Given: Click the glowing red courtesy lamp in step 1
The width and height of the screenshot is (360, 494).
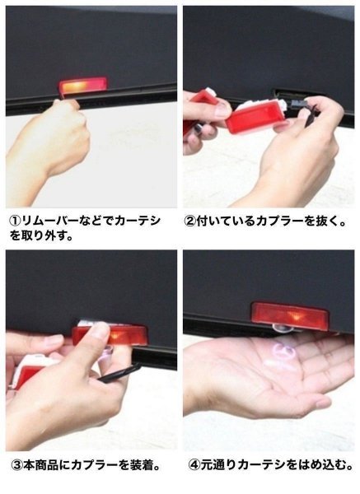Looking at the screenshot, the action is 82,85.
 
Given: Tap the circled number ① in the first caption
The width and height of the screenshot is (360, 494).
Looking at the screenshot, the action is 15,221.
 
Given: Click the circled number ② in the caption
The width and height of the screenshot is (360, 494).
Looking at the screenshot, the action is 190,221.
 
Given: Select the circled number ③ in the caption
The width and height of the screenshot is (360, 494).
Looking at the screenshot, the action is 16,465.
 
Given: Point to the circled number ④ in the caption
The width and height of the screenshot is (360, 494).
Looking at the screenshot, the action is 194,465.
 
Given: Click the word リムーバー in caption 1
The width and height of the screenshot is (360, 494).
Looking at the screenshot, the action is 49,221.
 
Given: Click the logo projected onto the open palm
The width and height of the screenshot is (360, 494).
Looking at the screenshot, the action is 278,355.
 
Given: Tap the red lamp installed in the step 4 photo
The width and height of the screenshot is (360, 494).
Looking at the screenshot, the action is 290,315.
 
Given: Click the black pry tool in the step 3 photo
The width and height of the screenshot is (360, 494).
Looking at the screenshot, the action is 119,374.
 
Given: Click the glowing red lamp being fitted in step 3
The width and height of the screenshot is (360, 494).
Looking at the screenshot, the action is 111,336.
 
